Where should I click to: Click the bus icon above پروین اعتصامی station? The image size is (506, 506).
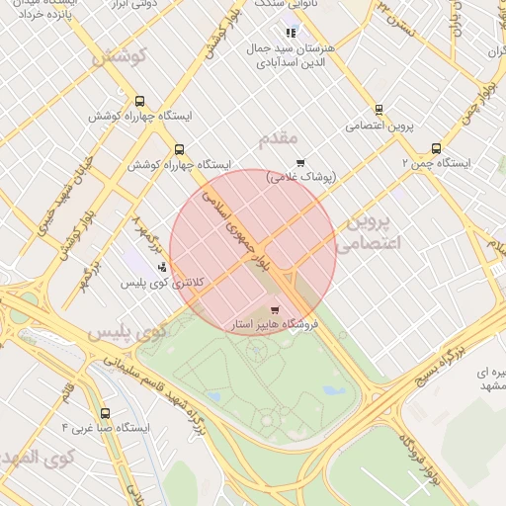(x=379, y=111)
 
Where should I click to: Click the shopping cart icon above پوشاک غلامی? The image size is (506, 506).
(x=300, y=163)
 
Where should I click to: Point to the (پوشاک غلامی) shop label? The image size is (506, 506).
(x=301, y=177)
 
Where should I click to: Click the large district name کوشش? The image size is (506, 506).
(x=119, y=56)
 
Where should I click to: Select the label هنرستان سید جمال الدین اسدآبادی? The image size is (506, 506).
(x=288, y=54)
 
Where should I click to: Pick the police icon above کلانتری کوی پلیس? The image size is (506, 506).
(x=162, y=267)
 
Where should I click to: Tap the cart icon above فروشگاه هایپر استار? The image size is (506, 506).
(x=288, y=309)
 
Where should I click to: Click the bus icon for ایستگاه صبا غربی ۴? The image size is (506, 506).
(x=106, y=413)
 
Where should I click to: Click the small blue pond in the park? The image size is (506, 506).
(x=333, y=390)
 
